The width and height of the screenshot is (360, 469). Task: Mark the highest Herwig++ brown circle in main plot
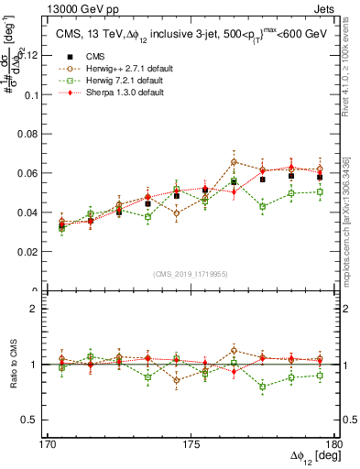pos(234,162)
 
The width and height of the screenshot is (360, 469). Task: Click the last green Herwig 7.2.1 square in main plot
pos(320,191)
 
